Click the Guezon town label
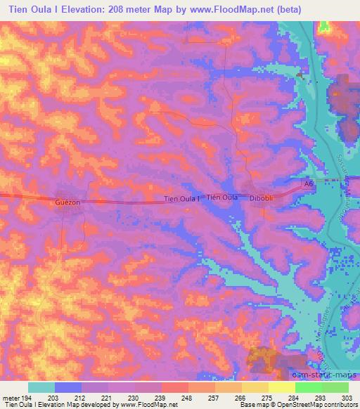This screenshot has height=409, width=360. (67, 202)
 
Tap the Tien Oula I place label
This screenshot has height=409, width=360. (181, 199)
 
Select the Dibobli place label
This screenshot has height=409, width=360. (263, 199)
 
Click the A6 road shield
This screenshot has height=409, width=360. (307, 183)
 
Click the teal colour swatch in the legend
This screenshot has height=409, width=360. (41, 387)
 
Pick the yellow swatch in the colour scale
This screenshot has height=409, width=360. (281, 387)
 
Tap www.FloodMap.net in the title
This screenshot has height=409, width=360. (255, 9)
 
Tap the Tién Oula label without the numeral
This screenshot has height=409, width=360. (221, 197)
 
